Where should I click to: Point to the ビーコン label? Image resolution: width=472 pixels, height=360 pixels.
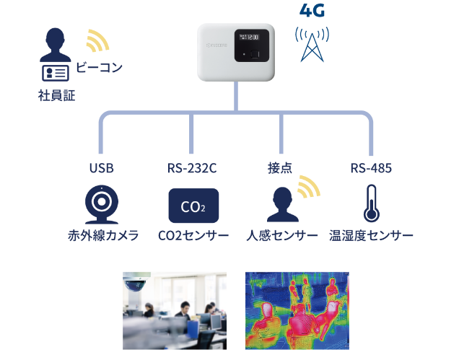pyautogui.click(x=99, y=68)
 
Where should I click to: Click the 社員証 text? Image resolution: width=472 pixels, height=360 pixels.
pyautogui.click(x=56, y=95)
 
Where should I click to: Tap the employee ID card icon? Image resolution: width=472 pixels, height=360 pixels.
pyautogui.click(x=56, y=73)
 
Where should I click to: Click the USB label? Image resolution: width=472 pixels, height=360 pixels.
pyautogui.click(x=101, y=169)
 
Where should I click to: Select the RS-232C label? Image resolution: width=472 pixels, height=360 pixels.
pyautogui.click(x=192, y=169)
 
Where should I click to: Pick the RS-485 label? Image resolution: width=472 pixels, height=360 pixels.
pyautogui.click(x=371, y=169)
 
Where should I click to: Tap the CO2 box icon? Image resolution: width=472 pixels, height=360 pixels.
pyautogui.click(x=193, y=206)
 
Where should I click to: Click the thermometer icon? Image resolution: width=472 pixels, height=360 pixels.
pyautogui.click(x=372, y=203)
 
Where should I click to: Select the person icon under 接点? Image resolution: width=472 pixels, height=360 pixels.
pyautogui.click(x=282, y=205)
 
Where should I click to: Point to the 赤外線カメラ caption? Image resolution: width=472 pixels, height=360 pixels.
pyautogui.click(x=103, y=237)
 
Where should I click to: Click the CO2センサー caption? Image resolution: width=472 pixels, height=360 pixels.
pyautogui.click(x=193, y=237)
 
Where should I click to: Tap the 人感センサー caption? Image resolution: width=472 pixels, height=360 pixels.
pyautogui.click(x=281, y=237)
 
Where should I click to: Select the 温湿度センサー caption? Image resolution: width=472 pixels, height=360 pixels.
pyautogui.click(x=371, y=237)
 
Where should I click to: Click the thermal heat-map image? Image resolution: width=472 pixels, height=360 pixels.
pyautogui.click(x=297, y=311)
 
